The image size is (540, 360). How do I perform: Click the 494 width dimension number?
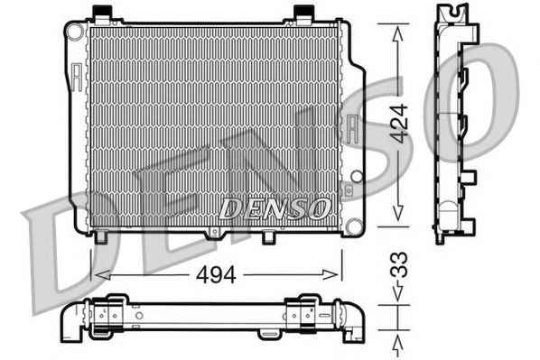coord(216,274)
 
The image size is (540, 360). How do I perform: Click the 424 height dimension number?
coord(399,124)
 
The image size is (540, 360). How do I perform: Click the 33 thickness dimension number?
coord(399,265)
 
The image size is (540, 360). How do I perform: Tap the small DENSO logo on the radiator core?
coord(275,209)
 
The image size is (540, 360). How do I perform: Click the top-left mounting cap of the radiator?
coord(103,14)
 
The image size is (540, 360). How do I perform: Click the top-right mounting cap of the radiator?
coord(303,14)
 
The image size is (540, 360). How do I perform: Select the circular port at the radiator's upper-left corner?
coord(76,32)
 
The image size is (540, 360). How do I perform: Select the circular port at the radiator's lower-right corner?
coord(354,226)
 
